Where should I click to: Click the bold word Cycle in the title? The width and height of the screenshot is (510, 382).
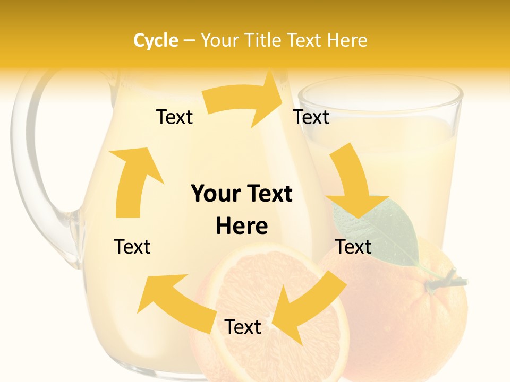pos(156,40)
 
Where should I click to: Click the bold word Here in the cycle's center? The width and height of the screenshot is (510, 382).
pos(242,227)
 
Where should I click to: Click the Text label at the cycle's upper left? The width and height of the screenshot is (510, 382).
pos(174,117)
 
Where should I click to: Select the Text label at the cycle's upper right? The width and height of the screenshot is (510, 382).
pos(311,117)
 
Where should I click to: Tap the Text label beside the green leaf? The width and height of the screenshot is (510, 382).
pos(353,247)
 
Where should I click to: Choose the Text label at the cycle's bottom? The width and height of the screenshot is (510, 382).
pos(243,327)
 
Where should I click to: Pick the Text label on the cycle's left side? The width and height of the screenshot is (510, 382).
pos(132,247)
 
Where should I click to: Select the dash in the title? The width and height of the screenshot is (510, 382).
pos(189,40)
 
